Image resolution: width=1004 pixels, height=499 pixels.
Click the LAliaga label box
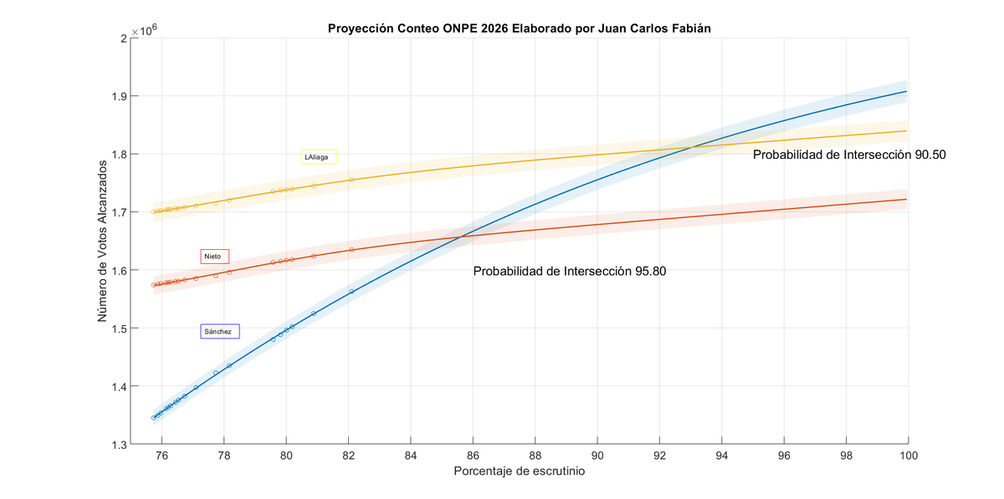coord(319,156)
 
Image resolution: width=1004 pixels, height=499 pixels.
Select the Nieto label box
coord(215,257)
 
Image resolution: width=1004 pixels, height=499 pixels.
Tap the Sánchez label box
coord(220,331)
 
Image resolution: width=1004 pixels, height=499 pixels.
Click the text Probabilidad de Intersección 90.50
coord(848,155)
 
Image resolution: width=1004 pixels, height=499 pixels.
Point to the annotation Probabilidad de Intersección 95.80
coord(570,271)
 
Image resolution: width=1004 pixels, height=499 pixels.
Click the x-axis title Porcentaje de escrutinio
coord(519,471)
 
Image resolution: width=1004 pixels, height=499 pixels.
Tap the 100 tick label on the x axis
coord(909,456)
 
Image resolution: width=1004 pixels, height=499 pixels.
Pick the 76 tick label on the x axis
coord(161,456)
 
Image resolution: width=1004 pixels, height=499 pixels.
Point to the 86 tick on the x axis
coord(473,456)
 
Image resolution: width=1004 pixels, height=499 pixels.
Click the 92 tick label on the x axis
coord(659,456)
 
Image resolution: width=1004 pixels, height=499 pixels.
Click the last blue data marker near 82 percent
coord(351,291)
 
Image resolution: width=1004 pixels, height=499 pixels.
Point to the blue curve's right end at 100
coord(908,91)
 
